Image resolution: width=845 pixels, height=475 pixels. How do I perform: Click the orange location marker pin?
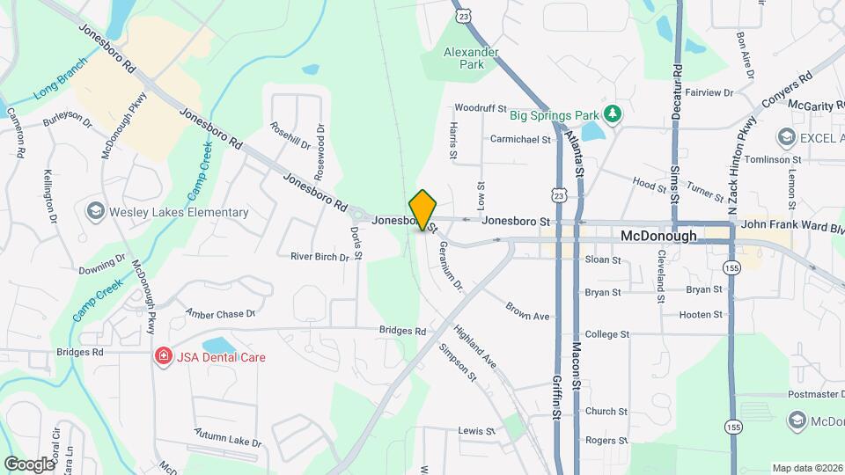[423, 209]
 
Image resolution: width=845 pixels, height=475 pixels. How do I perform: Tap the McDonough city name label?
[658, 236]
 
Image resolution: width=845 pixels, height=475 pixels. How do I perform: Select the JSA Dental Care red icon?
[162, 356]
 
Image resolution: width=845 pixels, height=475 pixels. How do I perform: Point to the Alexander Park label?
[471, 58]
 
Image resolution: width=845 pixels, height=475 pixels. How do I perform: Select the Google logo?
[28, 464]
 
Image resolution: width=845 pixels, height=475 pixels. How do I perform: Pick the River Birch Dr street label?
[320, 257]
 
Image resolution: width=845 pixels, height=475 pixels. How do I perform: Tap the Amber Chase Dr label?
[220, 313]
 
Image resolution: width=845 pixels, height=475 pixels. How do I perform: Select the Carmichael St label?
[519, 139]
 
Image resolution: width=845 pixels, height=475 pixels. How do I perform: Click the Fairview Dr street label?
[709, 92]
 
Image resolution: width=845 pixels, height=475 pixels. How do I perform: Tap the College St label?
[607, 334]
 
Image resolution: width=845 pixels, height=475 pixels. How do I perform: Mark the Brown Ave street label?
[527, 311]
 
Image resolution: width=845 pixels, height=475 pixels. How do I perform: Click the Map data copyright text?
[805, 468]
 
